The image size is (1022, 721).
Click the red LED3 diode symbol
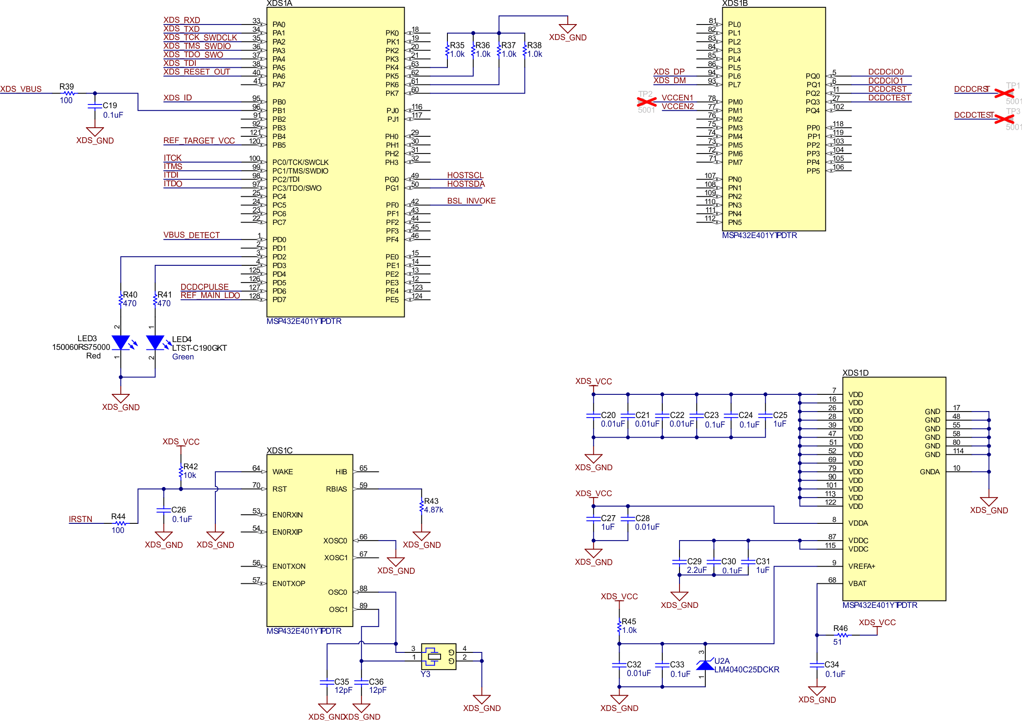pos(121,343)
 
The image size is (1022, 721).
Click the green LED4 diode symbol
pos(155,343)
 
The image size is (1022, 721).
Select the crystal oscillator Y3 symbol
pos(435,656)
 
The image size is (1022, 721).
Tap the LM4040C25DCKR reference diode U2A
pos(705,666)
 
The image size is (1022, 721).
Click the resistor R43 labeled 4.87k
pos(422,506)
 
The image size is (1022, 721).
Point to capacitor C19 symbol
pos(94,106)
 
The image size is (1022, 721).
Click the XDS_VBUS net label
pos(21,89)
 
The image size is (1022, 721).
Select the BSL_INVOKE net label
pos(471,201)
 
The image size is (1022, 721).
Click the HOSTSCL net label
pos(465,175)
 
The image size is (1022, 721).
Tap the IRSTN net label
pos(80,519)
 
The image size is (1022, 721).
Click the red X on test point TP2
pos(646,101)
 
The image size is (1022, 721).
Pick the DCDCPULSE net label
pos(204,287)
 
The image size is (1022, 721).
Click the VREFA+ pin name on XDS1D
pos(861,566)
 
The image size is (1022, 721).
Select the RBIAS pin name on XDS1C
pos(336,489)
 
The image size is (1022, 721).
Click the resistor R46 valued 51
pos(843,635)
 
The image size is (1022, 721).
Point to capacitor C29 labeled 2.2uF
pos(680,562)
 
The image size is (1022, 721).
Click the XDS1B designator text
pos(734,4)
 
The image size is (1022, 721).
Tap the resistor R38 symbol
pos(525,50)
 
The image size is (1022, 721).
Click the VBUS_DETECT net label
pos(191,235)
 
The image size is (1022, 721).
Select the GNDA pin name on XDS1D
pos(929,472)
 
